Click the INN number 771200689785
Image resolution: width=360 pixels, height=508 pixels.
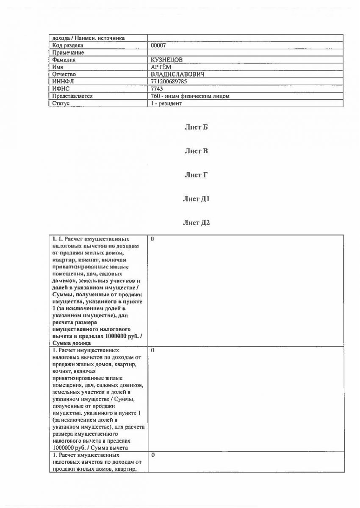pos(169,81)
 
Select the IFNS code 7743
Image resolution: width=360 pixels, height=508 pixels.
pos(157,88)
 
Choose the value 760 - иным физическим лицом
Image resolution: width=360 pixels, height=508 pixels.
pos(190,96)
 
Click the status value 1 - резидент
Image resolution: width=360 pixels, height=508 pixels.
pos(166,103)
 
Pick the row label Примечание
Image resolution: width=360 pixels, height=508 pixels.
pos(68,52)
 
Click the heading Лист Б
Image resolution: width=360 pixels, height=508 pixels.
pos(196,127)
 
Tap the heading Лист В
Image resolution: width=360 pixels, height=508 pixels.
pos(196,151)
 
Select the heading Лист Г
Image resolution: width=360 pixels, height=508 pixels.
pos(196,174)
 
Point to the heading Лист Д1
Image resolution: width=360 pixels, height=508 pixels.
pos(196,199)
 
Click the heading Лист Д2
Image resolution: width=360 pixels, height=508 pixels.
pos(196,223)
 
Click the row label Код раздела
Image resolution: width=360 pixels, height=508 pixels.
pos(68,45)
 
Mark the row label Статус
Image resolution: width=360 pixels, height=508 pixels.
pos(61,103)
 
